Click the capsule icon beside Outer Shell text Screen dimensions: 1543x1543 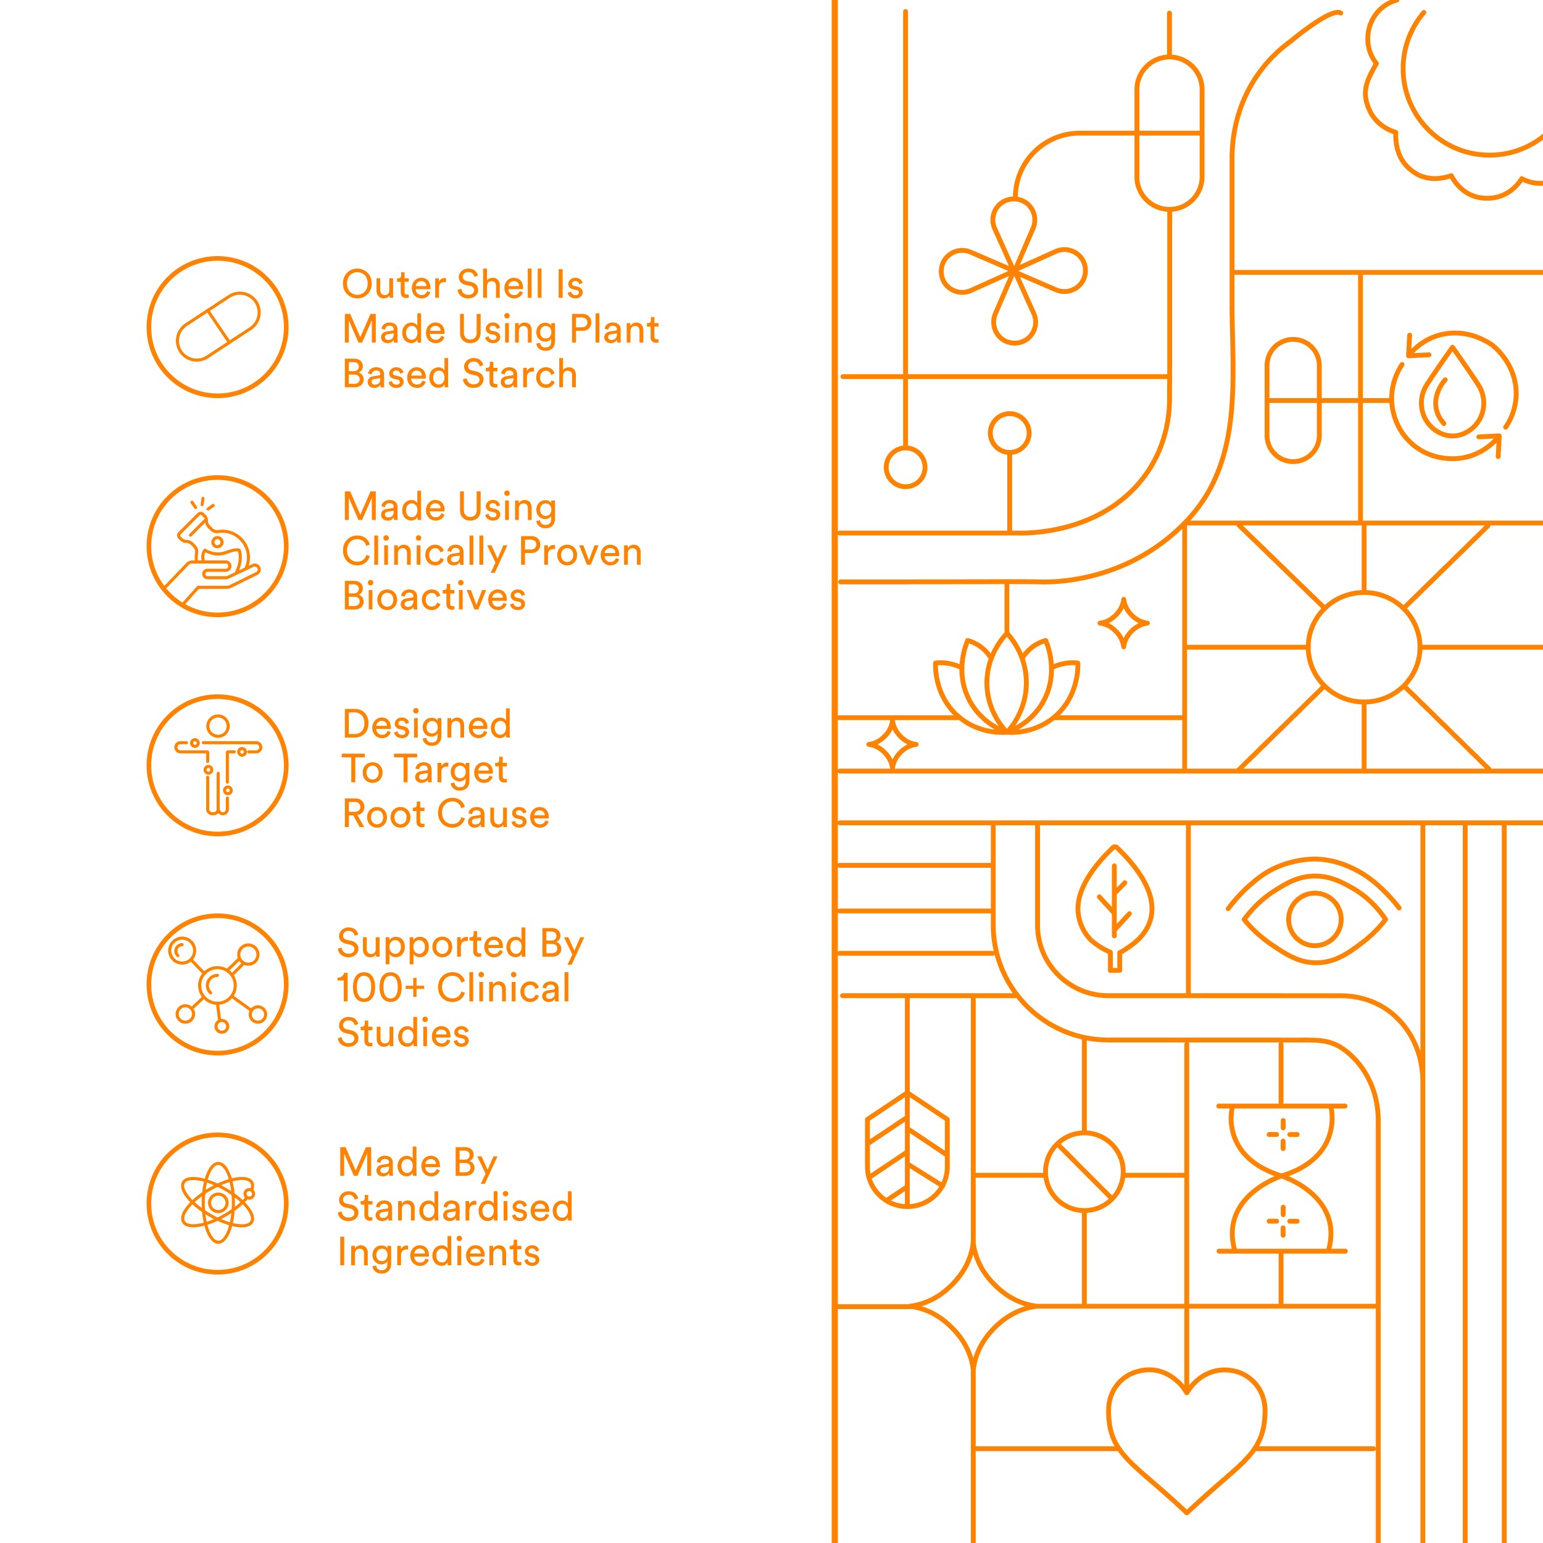click(x=218, y=326)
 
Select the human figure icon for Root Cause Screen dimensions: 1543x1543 click(x=218, y=765)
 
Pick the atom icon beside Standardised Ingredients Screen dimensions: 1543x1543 click(x=218, y=1204)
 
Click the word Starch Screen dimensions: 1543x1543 click(x=519, y=374)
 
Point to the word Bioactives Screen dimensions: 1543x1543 click(x=434, y=597)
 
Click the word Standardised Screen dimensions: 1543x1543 click(x=455, y=1207)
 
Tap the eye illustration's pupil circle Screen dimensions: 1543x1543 click(x=1315, y=918)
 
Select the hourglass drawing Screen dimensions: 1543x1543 click(x=1282, y=1179)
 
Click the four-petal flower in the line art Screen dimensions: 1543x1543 click(x=1013, y=272)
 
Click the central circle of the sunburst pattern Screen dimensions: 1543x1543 click(x=1364, y=647)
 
